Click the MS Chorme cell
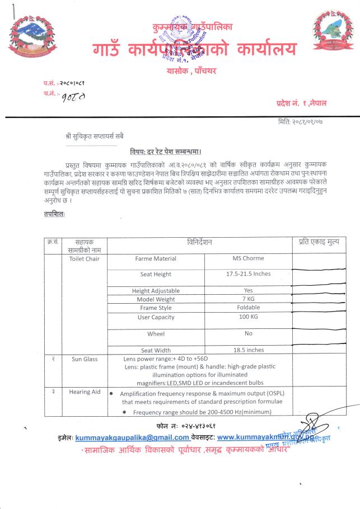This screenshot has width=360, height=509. pos(248,258)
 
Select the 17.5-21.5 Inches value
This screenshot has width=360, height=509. pos(248,274)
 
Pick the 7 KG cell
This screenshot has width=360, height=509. pos(248,299)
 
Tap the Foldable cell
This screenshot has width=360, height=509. pos(248,308)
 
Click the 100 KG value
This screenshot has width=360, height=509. pos(248,317)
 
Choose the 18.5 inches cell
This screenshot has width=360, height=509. pos(248,350)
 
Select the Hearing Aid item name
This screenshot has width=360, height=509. pos(85,392)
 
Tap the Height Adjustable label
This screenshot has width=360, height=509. pos(156,291)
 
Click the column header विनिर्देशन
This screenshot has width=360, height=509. pos(199,242)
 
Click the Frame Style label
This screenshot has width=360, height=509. pos(156,308)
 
